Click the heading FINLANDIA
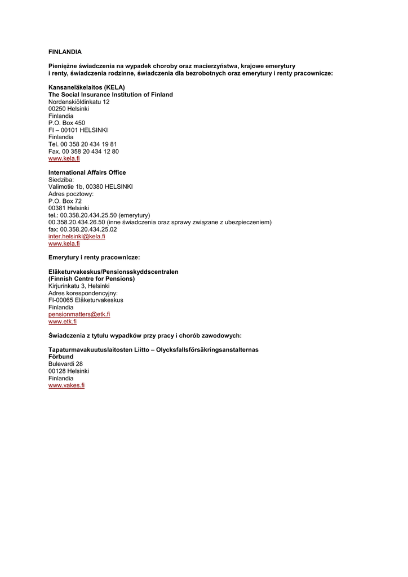click(65, 52)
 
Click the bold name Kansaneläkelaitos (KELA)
click(86, 87)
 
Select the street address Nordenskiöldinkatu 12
click(79, 102)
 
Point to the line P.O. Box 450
click(66, 123)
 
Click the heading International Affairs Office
click(87, 172)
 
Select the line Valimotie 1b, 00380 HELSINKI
click(90, 187)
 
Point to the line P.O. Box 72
click(65, 201)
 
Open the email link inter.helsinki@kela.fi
click(77, 237)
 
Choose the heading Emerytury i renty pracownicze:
click(94, 258)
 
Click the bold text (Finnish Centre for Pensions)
click(91, 279)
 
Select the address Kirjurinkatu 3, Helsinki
click(79, 286)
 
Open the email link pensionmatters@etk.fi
click(79, 314)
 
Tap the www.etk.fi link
click(62, 321)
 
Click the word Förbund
click(61, 357)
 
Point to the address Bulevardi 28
click(65, 364)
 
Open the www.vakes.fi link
click(66, 385)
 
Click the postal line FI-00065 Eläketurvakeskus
click(86, 300)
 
